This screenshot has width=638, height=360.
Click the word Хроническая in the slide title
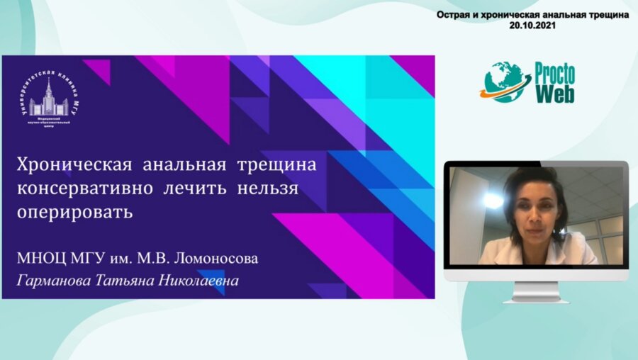(x=74, y=166)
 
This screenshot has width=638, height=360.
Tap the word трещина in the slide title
(x=276, y=166)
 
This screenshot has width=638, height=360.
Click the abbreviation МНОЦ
(x=42, y=259)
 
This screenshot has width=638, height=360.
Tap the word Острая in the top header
(x=454, y=14)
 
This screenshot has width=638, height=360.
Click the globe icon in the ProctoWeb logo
(x=504, y=82)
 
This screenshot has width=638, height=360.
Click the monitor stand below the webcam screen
(x=536, y=291)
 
